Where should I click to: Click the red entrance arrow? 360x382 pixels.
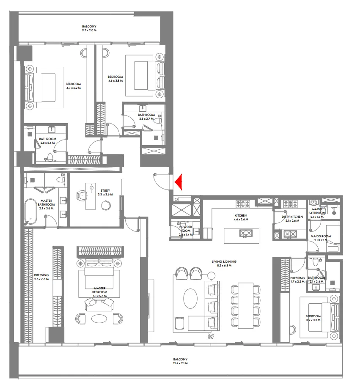click(x=179, y=182)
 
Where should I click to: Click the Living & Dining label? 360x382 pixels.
click(x=224, y=262)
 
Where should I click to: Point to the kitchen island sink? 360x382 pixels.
click(x=245, y=233)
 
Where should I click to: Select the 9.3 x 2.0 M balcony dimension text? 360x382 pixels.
click(x=89, y=31)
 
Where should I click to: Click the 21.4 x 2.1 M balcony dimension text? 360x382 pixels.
click(x=180, y=363)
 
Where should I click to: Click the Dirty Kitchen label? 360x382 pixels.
click(x=292, y=217)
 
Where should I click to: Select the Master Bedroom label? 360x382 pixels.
click(x=100, y=292)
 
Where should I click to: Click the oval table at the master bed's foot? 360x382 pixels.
click(x=99, y=318)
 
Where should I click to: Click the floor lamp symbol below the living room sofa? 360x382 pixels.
click(x=211, y=336)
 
